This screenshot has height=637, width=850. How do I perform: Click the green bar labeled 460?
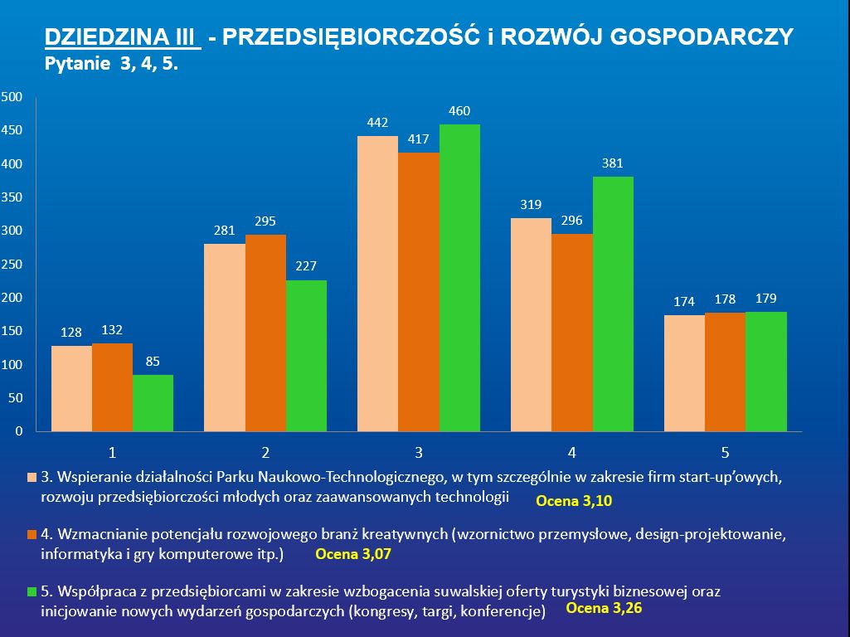tap(459, 278)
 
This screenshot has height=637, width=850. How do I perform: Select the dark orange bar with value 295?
tap(265, 333)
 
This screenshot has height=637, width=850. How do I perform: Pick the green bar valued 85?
tap(153, 403)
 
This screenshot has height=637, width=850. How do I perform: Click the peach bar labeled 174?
tap(684, 373)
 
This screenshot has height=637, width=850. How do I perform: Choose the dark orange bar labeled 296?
tap(572, 333)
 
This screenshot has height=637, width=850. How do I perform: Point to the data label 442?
tap(377, 123)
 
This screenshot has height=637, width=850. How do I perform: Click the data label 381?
tap(613, 163)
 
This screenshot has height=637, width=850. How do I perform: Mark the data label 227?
tap(306, 266)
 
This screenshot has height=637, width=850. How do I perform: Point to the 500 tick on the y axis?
tap(12, 97)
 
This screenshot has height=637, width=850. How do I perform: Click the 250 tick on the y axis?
tap(12, 265)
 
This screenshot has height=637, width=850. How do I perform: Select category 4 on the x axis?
tap(572, 453)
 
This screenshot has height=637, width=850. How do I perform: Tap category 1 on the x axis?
tap(112, 453)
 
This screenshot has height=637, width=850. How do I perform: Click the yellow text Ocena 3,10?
tap(574, 501)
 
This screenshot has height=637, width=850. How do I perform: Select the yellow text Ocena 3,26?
tap(604, 608)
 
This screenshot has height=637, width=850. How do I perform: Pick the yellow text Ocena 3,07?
tap(352, 554)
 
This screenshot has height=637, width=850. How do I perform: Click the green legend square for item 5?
tap(32, 591)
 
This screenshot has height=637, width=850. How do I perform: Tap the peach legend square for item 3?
tap(32, 478)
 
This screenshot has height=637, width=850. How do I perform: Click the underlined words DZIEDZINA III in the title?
tap(122, 37)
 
